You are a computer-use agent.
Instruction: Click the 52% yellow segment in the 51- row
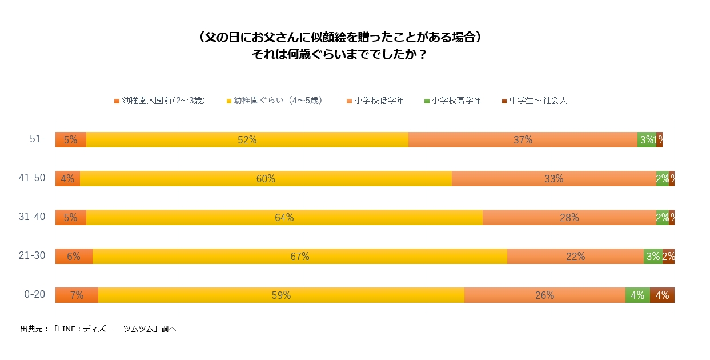[x=247, y=140]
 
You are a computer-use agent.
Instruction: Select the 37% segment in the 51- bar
[x=523, y=140]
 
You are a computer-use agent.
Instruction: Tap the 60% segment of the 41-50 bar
[x=266, y=179]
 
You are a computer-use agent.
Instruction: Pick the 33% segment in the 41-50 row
[x=553, y=179]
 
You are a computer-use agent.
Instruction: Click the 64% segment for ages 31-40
[x=284, y=218]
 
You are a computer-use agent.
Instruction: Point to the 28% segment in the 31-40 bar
[x=569, y=218]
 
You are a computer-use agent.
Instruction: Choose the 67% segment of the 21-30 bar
[x=299, y=257]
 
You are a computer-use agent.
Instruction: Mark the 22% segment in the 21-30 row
[x=575, y=257]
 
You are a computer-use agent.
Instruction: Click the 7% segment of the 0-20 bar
[x=77, y=295]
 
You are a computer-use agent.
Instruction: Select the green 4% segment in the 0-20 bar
[x=637, y=295]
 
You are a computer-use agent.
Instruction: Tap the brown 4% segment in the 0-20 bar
[x=662, y=295]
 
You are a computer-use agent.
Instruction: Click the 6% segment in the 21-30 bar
[x=74, y=257]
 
